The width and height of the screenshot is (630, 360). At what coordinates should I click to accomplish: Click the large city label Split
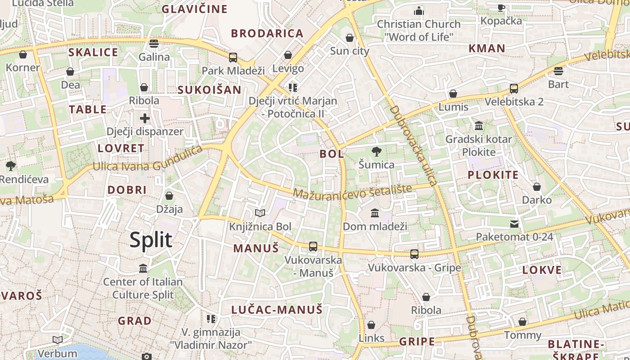click(x=151, y=240)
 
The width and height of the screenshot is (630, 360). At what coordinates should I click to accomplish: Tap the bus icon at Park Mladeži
click(x=233, y=58)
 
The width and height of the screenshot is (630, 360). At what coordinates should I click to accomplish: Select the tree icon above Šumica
click(x=376, y=152)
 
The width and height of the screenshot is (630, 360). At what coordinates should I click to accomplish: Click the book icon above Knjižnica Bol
click(x=260, y=213)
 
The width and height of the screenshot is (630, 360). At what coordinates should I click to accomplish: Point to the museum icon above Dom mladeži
click(x=375, y=213)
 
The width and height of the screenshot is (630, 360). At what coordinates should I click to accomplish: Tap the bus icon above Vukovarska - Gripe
click(x=414, y=254)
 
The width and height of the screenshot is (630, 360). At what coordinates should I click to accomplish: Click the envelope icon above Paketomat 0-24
click(x=514, y=224)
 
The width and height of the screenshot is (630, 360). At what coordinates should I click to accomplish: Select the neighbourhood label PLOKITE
click(x=493, y=175)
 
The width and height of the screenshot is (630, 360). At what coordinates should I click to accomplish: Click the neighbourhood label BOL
click(x=332, y=154)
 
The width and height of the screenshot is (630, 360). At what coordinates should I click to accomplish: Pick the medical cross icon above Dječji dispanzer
click(x=144, y=118)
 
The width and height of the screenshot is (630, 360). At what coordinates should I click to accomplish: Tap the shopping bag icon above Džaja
click(x=169, y=196)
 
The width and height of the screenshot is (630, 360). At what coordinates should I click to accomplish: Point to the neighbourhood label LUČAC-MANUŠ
click(x=277, y=310)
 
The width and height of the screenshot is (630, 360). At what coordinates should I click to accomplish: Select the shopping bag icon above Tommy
click(x=522, y=322)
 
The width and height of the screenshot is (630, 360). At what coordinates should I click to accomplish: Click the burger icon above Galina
click(x=154, y=44)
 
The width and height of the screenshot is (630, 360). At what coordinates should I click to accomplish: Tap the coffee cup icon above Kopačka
click(x=501, y=7)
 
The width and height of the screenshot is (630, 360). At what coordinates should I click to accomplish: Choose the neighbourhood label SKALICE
click(x=93, y=52)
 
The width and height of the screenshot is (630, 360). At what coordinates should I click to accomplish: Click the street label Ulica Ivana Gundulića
click(x=148, y=161)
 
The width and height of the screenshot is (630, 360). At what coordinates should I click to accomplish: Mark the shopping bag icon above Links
click(x=371, y=325)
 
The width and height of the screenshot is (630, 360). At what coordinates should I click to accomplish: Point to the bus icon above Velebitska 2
click(x=514, y=89)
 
